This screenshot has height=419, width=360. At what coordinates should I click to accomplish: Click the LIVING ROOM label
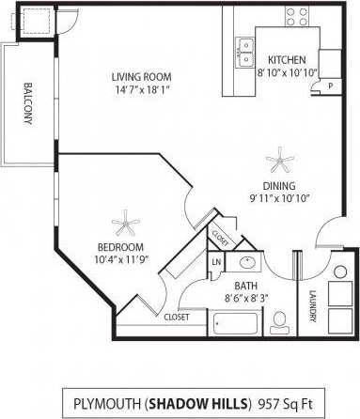pyautogui.click(x=142, y=77)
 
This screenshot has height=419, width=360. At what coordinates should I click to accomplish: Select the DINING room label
pyautogui.click(x=280, y=184)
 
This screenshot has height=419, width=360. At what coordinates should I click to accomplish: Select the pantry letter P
pyautogui.click(x=330, y=85)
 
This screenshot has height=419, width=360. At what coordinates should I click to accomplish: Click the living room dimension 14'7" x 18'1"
pyautogui.click(x=142, y=90)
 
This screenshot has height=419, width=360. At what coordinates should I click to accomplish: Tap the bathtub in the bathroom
pyautogui.click(x=237, y=325)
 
